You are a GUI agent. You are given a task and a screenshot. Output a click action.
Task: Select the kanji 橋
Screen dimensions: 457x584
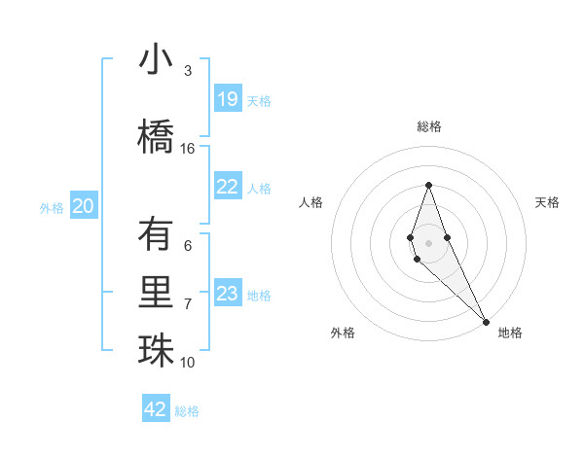point(156,137)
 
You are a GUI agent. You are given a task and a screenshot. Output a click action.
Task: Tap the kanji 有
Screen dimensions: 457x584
point(156,234)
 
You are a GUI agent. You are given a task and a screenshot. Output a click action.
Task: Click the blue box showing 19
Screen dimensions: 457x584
point(228,99)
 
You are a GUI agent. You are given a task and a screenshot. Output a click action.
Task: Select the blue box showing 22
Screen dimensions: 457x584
point(228,187)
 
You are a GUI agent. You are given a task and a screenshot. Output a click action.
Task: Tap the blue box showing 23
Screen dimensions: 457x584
point(228,294)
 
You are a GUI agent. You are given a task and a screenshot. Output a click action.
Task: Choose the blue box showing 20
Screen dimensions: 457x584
point(84,206)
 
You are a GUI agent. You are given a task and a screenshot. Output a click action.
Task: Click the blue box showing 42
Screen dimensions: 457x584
point(156,409)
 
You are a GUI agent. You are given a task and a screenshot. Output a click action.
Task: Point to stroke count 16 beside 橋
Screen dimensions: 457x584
point(188,149)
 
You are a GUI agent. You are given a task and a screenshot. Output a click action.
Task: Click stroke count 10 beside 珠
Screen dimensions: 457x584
point(188,363)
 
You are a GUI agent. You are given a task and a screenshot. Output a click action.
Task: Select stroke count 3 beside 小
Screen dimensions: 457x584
point(188,71)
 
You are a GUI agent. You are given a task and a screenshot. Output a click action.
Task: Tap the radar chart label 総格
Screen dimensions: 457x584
point(429,126)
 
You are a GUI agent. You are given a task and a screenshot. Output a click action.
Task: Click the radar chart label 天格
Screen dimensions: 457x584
point(547,202)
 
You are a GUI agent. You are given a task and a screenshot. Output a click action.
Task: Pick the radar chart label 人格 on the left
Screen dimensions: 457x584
point(311,202)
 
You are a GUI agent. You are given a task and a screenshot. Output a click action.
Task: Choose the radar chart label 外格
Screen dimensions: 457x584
point(343,333)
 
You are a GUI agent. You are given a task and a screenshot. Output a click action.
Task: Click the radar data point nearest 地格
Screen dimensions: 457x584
point(486,320)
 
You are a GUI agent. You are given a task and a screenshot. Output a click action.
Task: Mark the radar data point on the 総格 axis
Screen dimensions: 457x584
point(428,185)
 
